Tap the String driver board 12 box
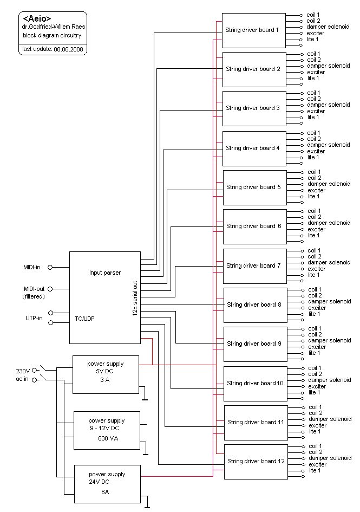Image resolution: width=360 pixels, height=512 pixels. pyautogui.click(x=256, y=461)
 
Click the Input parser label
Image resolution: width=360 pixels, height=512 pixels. pyautogui.click(x=105, y=273)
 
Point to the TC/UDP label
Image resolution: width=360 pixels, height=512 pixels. pyautogui.click(x=84, y=319)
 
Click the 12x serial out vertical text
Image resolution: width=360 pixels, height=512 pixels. pyautogui.click(x=134, y=301)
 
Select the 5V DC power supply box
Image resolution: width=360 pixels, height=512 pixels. pyautogui.click(x=106, y=374)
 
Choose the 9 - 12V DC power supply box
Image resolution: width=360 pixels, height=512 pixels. pyautogui.click(x=107, y=430)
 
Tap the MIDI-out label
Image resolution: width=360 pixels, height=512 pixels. pyautogui.click(x=34, y=289)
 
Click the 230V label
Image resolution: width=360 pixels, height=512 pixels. pyautogui.click(x=24, y=371)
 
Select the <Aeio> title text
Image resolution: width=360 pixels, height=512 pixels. pyautogui.click(x=37, y=19)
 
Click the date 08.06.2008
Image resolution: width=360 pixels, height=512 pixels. pyautogui.click(x=68, y=49)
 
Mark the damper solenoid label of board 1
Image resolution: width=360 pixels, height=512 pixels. pyautogui.click(x=328, y=27)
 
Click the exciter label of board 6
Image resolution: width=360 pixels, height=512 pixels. pyautogui.click(x=317, y=229)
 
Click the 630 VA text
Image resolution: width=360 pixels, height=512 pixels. pyautogui.click(x=108, y=438)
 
